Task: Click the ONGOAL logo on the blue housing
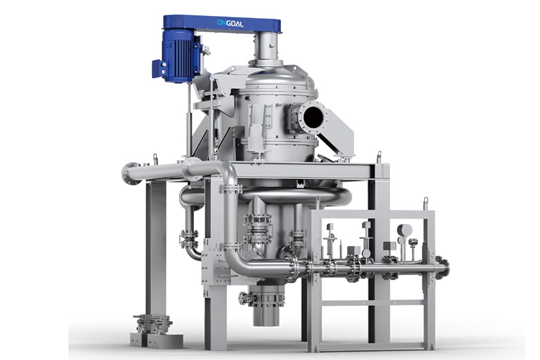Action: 230,23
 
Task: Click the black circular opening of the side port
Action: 313,118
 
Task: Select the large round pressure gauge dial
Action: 404,230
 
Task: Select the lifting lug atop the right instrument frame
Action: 425,203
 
